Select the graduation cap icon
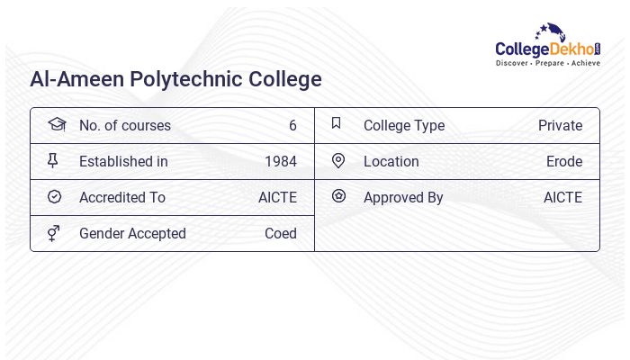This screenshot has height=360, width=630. [x=56, y=124]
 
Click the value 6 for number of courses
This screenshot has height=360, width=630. [x=292, y=126]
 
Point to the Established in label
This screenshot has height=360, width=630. [x=123, y=162]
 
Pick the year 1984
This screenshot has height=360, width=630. [x=281, y=162]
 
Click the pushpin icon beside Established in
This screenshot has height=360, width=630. [x=53, y=161]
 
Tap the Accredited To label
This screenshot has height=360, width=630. [x=122, y=198]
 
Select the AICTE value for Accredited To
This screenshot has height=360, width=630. [x=277, y=198]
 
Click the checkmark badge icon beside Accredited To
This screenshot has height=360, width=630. [x=54, y=197]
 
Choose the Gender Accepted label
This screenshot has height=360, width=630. [x=132, y=234]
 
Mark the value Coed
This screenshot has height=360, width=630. [x=281, y=234]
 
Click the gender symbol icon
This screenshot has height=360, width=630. [x=53, y=233]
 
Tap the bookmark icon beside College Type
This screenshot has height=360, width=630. [x=337, y=124]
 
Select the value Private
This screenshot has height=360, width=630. [x=560, y=126]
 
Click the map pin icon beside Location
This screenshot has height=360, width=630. [x=338, y=161]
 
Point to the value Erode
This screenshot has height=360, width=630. [x=564, y=162]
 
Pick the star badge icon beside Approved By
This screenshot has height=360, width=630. [x=338, y=196]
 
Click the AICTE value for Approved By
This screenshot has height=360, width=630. [x=562, y=198]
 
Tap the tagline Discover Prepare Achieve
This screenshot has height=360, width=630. [x=548, y=64]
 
